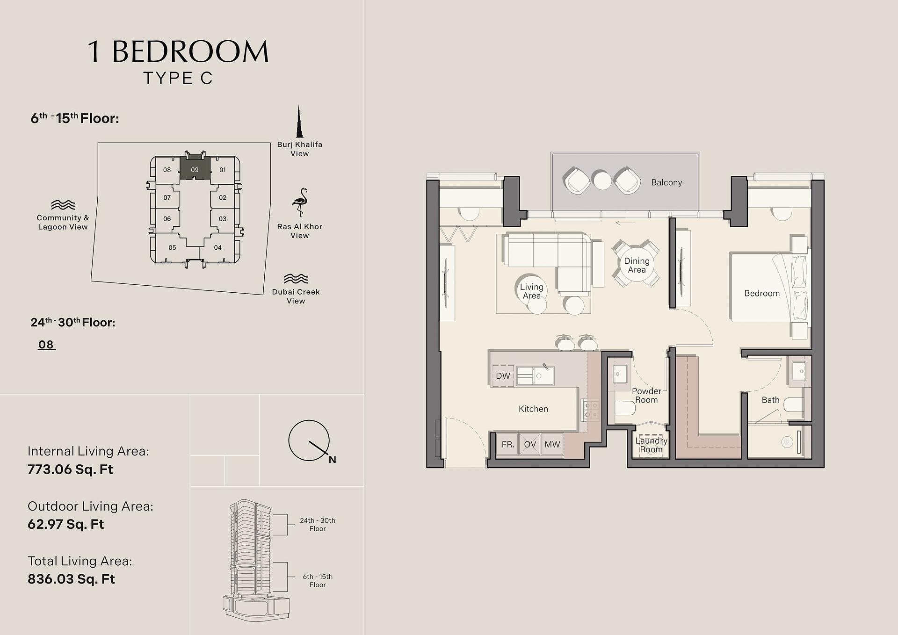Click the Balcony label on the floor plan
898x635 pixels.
[666, 183]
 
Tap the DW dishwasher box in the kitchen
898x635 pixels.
[503, 376]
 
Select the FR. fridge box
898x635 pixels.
[507, 444]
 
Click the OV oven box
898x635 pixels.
[530, 444]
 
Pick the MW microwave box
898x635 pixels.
[552, 444]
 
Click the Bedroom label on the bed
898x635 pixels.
[762, 294]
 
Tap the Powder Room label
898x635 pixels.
[646, 396]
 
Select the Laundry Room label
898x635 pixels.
[651, 445]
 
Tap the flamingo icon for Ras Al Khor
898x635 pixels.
[300, 203]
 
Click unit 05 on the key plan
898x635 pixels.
[173, 248]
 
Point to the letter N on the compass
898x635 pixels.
[333, 460]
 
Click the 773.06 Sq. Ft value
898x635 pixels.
[70, 469]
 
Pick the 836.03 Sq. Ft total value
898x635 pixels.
[71, 579]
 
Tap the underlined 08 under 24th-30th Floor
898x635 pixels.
[46, 345]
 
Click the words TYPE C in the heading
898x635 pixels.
[178, 78]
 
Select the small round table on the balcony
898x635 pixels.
[602, 180]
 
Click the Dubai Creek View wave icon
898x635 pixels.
[296, 279]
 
